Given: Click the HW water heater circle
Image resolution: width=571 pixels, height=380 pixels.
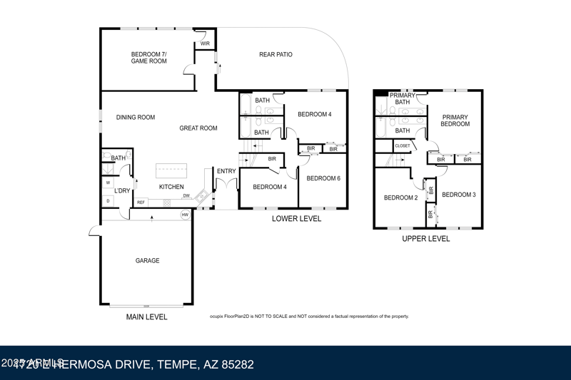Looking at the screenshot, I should point(185,215).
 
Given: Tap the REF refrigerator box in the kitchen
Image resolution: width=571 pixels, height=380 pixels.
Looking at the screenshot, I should point(141,202).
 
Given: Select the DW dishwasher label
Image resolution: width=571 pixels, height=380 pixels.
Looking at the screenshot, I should point(186,195).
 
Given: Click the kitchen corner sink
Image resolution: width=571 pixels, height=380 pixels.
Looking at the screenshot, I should point(201,195).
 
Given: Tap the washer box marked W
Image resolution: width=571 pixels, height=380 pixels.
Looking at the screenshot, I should point(108,183).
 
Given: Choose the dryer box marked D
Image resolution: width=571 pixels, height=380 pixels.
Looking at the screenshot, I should point(108,201).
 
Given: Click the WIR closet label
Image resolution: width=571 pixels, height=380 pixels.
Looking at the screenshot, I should point(205,43).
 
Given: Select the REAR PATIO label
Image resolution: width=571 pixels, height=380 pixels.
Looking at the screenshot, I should point(276,55).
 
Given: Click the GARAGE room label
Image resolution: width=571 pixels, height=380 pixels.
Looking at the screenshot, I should point(148,261).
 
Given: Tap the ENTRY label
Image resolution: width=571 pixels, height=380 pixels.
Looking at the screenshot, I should point(226,171).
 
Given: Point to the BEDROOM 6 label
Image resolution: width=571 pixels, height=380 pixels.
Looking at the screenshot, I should point(323,178).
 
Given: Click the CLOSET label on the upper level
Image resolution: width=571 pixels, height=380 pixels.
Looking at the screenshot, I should point(403,145).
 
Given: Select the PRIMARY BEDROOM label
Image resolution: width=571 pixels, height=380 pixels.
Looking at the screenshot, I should point(455,120).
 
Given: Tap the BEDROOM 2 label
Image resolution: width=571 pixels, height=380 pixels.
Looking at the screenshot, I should point(400,197).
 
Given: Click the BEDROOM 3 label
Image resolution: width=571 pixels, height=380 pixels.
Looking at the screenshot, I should point(459,195).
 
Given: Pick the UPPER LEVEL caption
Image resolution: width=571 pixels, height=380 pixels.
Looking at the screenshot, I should point(426,239).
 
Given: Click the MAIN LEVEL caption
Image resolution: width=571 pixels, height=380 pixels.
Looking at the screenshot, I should point(147,317).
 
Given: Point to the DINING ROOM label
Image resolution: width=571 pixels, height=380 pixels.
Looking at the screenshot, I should point(136,118).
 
